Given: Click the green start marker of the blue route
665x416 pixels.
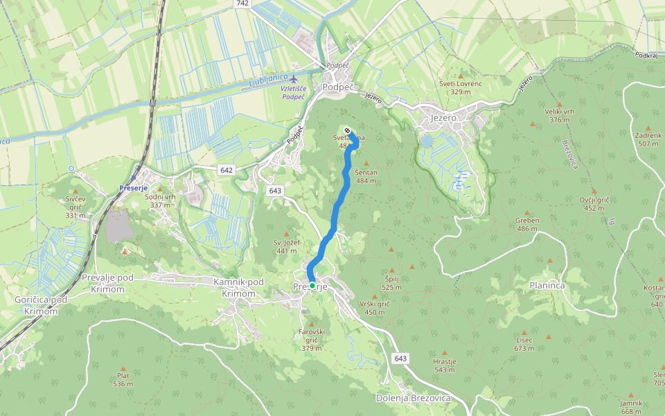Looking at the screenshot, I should coord(312,286).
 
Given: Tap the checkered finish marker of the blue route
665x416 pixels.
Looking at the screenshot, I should coord(347,130).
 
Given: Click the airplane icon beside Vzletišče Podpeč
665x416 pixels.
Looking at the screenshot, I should coord(296,78).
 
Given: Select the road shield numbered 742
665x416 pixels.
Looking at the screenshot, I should coord(242,3).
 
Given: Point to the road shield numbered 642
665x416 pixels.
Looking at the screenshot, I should coord(227,170).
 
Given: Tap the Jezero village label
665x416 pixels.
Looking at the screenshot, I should coord(444,119).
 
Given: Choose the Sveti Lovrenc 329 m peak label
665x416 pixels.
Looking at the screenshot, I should coord(461,87).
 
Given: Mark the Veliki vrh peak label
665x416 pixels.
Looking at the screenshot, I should coord(559,116).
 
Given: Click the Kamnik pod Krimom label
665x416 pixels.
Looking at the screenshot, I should coord(238,287).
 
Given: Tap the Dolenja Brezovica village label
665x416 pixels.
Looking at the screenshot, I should coord(413,398).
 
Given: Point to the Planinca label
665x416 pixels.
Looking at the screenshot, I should coord(547,285).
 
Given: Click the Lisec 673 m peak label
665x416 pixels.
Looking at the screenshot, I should coord(524,345).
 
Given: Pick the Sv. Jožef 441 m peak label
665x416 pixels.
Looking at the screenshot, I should coord(287,247).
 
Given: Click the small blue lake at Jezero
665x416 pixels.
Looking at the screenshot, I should coord(427,142).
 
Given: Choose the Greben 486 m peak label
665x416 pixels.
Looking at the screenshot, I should coord(527,225).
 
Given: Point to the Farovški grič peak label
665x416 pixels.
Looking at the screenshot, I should coord(311,340).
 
